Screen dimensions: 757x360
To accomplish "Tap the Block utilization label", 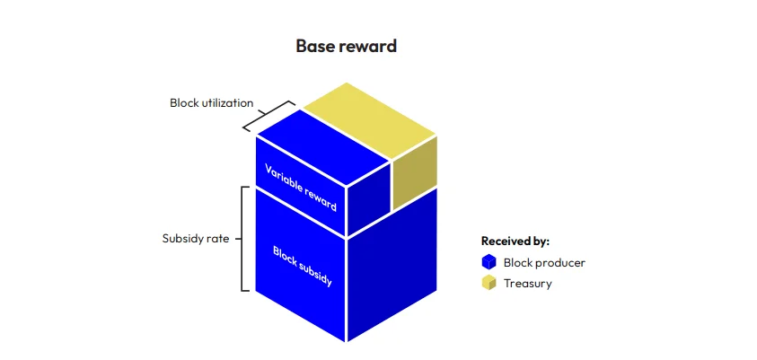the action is [x=211, y=103].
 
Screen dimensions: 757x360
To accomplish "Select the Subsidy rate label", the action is [x=196, y=239].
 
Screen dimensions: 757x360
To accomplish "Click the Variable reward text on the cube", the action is [x=300, y=188].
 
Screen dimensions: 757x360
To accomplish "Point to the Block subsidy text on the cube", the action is [x=303, y=267].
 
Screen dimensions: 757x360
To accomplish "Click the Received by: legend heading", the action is [x=515, y=241].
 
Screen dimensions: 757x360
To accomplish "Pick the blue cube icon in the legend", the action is [x=489, y=262].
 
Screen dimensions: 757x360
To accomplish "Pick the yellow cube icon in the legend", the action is [x=489, y=282].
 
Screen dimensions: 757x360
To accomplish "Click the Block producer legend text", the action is [x=544, y=263].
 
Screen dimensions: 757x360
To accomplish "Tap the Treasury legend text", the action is [x=528, y=284].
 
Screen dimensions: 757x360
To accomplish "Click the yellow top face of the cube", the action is [x=369, y=120].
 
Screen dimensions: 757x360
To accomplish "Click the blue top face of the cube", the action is [x=323, y=147].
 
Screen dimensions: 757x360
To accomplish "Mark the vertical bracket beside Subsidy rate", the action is [x=244, y=239].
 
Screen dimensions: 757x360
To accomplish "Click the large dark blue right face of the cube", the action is [x=392, y=264].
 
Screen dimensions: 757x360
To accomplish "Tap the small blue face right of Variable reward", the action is [x=369, y=199].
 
